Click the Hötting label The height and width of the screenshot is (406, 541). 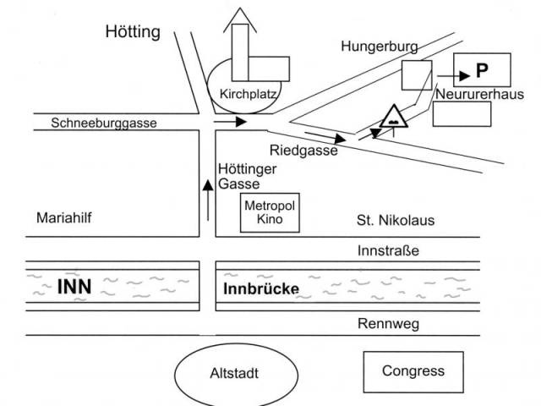click(133, 33)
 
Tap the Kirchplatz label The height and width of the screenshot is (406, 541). click(248, 94)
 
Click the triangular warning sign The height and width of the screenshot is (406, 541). click(395, 118)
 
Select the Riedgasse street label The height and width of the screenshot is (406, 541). click(303, 151)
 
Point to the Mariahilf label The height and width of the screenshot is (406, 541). click(63, 218)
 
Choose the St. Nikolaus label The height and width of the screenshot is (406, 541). click(395, 222)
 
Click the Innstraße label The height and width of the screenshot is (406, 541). click(389, 250)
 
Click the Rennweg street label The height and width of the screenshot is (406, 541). click(387, 324)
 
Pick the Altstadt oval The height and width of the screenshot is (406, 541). click(237, 373)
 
